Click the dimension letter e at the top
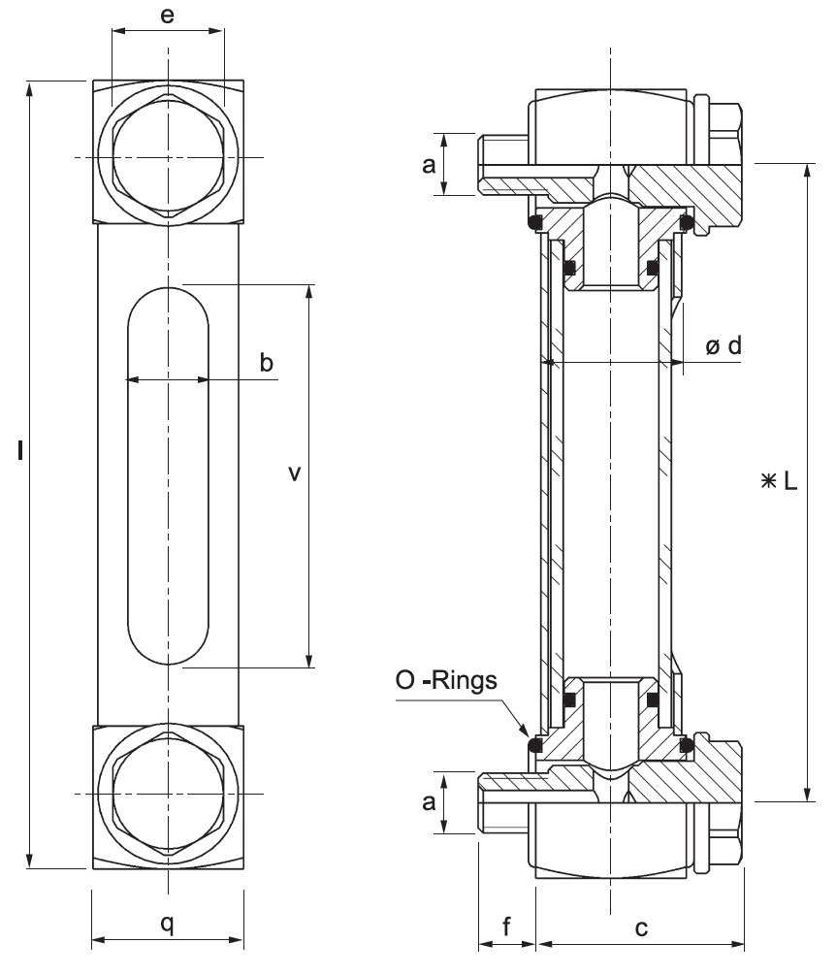pyautogui.click(x=168, y=16)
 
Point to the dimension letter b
pyautogui.click(x=266, y=363)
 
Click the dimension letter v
pyautogui.click(x=295, y=473)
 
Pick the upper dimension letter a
pyautogui.click(x=428, y=165)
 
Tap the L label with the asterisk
pyautogui.click(x=780, y=481)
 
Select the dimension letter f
pyautogui.click(x=506, y=927)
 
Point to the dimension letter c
pyautogui.click(x=641, y=927)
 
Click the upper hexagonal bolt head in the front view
pyautogui.click(x=169, y=157)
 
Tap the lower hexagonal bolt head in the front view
pyautogui.click(x=169, y=794)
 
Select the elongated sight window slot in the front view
pyautogui.click(x=168, y=475)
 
